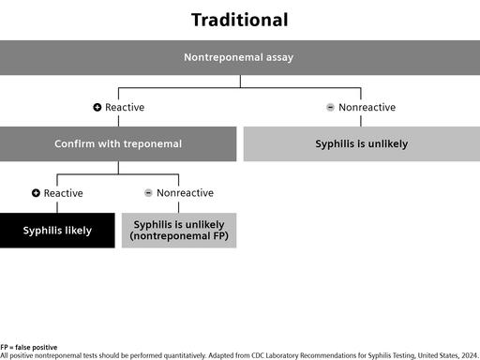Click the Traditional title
[x=240, y=20]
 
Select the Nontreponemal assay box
[x=240, y=57]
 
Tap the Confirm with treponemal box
[x=118, y=143]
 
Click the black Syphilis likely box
[x=57, y=231]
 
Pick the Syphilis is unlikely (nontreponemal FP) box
[x=179, y=231]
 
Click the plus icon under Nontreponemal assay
[x=97, y=107]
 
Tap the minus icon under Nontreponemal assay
[x=330, y=107]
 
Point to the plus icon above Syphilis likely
[x=36, y=193]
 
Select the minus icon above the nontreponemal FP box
[x=148, y=193]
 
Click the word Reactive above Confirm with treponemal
[x=125, y=107]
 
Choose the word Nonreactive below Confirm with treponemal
[x=185, y=193]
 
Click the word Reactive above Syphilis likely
[x=64, y=193]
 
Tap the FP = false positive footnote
[x=29, y=347]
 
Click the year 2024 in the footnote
[x=470, y=355]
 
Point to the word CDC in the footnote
[x=258, y=355]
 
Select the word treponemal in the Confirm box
[x=153, y=144]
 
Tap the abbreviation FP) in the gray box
[x=221, y=236]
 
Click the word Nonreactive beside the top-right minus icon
[x=367, y=107]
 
